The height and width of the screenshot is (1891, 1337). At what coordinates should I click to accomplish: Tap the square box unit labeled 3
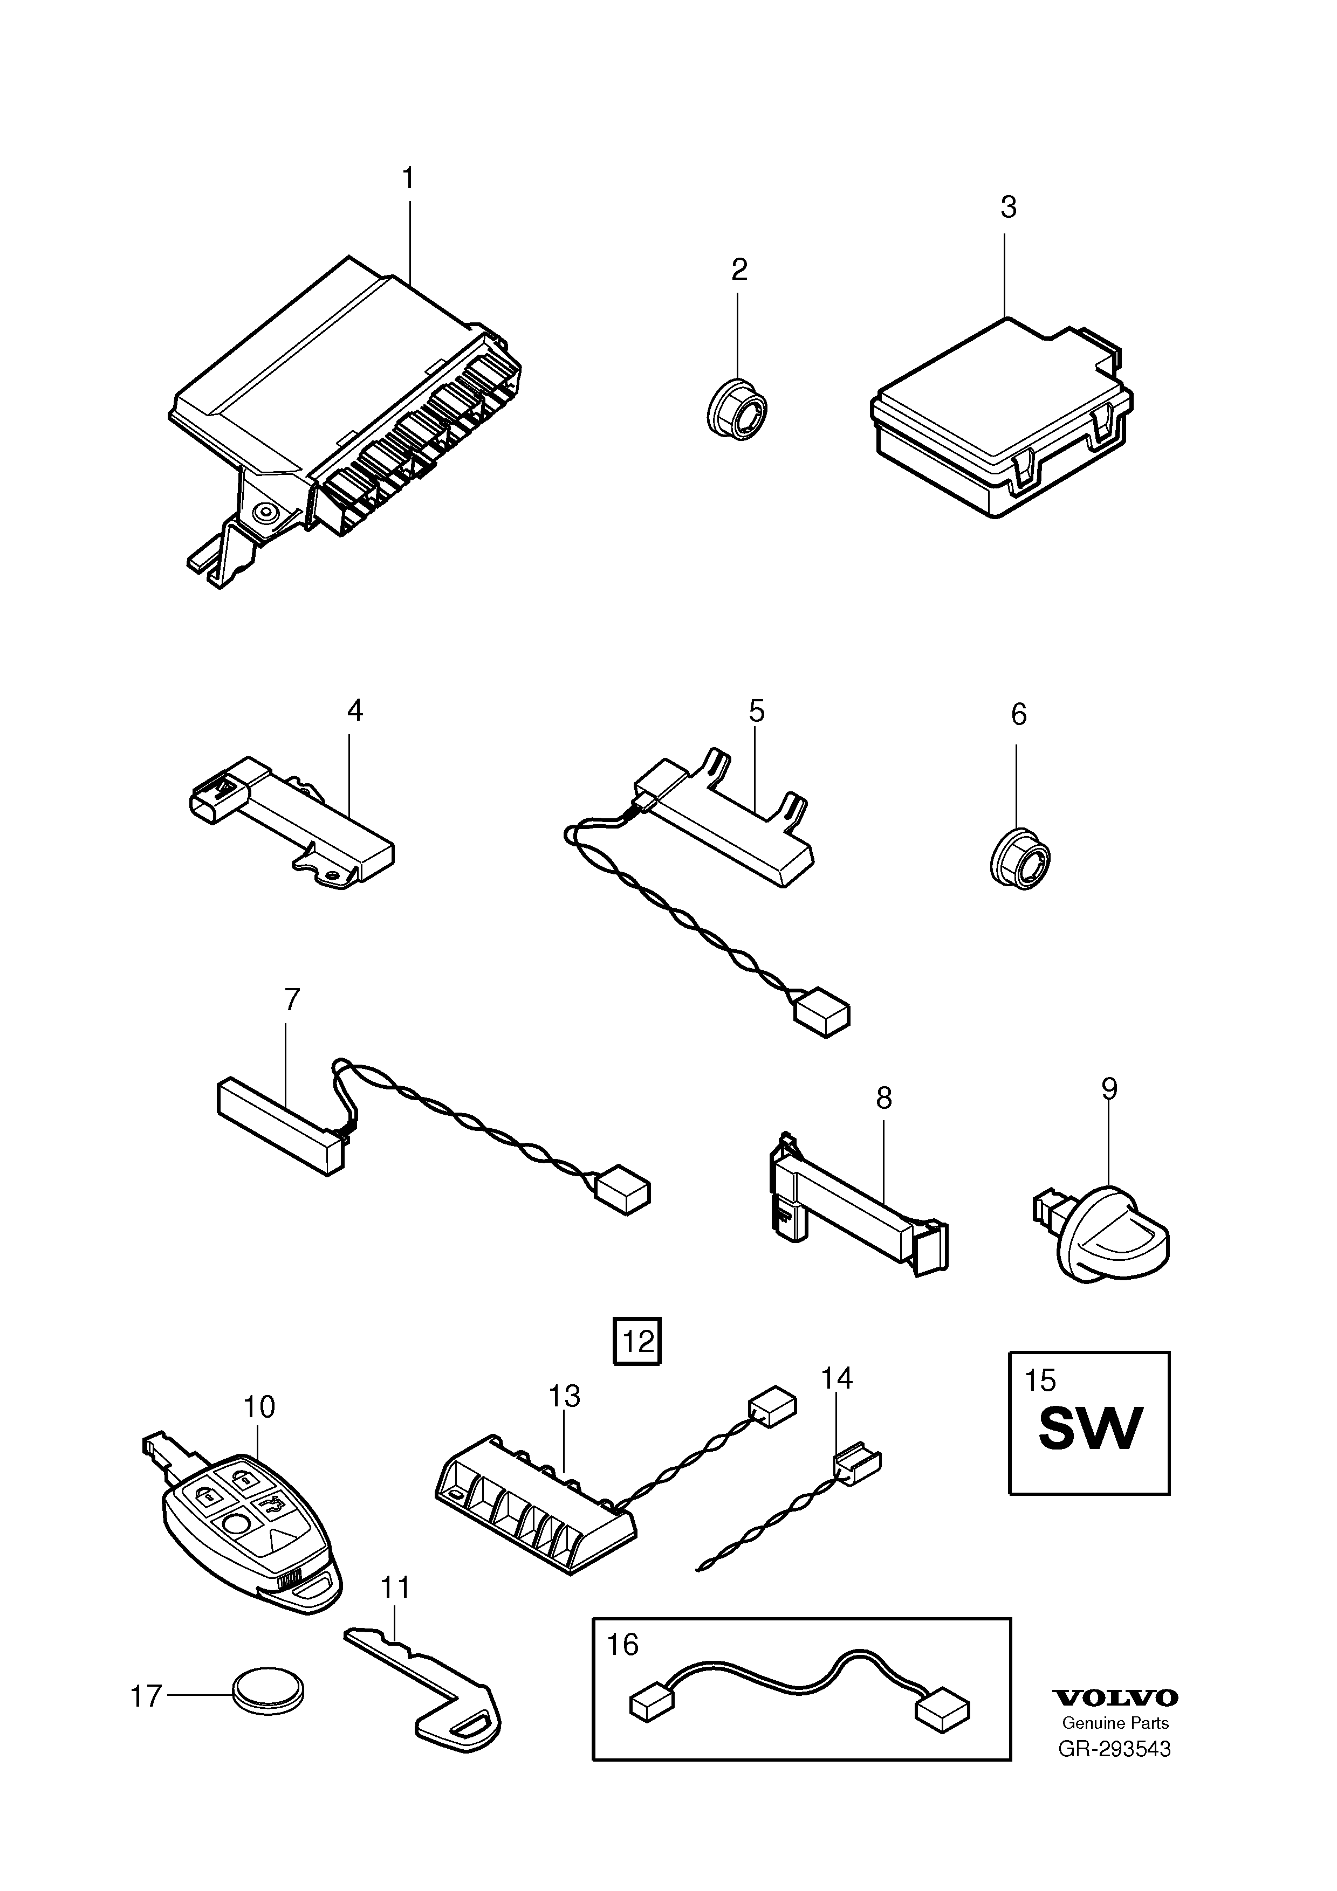click(x=1002, y=416)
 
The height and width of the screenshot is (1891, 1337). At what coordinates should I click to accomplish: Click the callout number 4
click(x=354, y=710)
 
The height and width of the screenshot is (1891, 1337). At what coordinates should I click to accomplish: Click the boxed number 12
click(x=637, y=1342)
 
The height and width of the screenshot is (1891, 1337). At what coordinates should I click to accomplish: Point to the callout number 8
click(x=884, y=1098)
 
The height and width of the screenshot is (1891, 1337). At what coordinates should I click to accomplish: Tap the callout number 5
click(x=756, y=710)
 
